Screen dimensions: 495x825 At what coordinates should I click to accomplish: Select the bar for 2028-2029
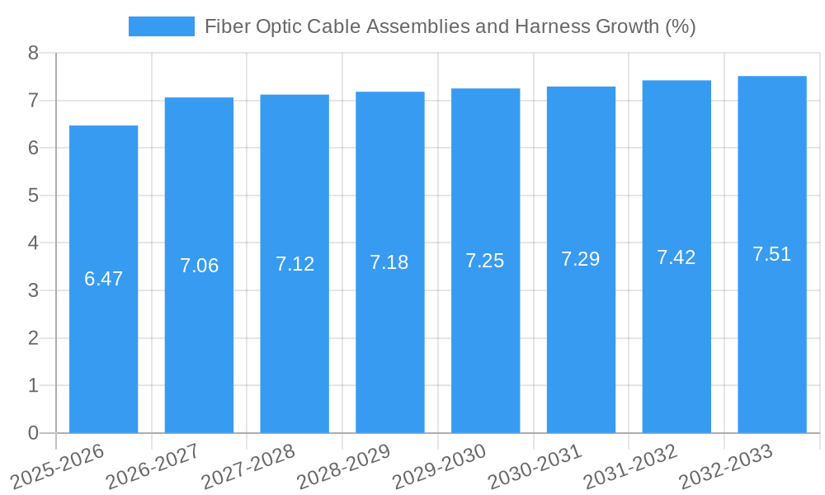(390, 346)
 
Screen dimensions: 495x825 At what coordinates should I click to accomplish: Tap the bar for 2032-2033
(772, 346)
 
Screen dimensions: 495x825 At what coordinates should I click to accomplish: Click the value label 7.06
(199, 266)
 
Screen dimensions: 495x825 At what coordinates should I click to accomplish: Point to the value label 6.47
(103, 279)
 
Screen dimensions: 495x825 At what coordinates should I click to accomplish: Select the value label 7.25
(485, 261)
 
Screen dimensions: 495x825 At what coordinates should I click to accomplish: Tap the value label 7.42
(676, 257)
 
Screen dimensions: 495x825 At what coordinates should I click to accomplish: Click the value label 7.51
(772, 254)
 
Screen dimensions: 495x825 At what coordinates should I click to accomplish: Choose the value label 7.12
(295, 264)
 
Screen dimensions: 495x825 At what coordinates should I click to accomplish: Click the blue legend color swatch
(162, 26)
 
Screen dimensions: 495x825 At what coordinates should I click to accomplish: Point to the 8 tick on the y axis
(33, 53)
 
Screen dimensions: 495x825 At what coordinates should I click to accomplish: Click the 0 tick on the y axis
(33, 433)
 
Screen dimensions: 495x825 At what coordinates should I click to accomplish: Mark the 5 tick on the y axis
(33, 196)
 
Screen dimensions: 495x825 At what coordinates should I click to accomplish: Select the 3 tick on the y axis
(33, 290)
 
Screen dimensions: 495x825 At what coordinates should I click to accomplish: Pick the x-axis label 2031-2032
(630, 464)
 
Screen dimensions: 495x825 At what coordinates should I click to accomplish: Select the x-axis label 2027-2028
(248, 464)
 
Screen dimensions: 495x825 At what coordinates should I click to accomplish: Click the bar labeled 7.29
(581, 346)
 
